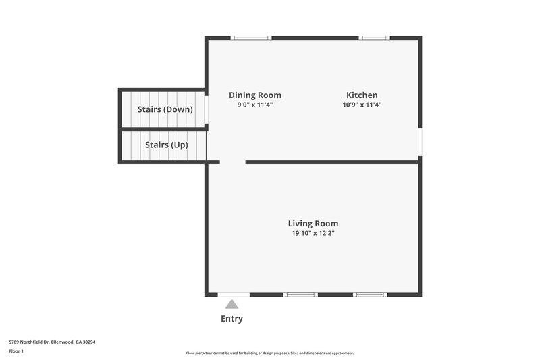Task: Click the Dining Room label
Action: pyautogui.click(x=254, y=95)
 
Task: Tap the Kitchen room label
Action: pyautogui.click(x=362, y=95)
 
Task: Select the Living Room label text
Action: pyautogui.click(x=313, y=224)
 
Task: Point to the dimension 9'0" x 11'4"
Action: pyautogui.click(x=254, y=105)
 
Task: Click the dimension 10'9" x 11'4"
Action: pyautogui.click(x=362, y=105)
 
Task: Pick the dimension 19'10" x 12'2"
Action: pyautogui.click(x=313, y=234)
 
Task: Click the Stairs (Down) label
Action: pyautogui.click(x=165, y=109)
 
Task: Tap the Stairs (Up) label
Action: pyautogui.click(x=166, y=145)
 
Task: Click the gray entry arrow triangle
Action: pyautogui.click(x=232, y=305)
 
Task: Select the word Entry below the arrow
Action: pyautogui.click(x=232, y=319)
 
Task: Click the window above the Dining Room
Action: pyautogui.click(x=251, y=38)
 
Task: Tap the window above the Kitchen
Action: pyautogui.click(x=374, y=38)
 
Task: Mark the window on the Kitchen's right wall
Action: pyautogui.click(x=420, y=143)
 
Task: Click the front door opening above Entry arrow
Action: pyautogui.click(x=234, y=294)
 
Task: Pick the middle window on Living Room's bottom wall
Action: pyautogui.click(x=300, y=294)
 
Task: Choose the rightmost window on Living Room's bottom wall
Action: pyautogui.click(x=370, y=294)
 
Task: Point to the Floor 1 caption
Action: pyautogui.click(x=16, y=352)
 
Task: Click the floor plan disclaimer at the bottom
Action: pyautogui.click(x=269, y=353)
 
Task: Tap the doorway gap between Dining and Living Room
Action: pyautogui.click(x=233, y=162)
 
